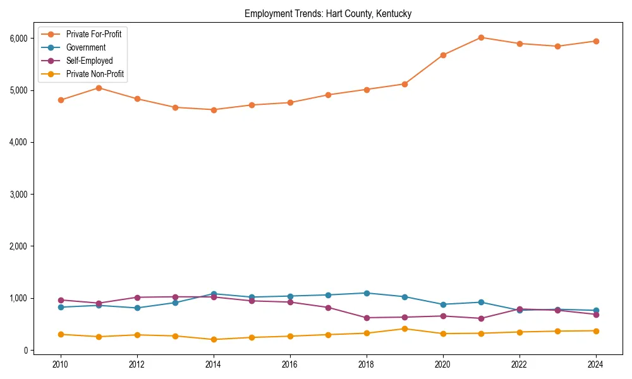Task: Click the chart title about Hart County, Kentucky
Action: tap(328, 14)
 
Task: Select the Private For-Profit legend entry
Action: tap(94, 34)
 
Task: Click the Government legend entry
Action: tap(85, 47)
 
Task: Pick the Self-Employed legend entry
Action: tap(89, 61)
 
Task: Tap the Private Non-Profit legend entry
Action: tap(95, 74)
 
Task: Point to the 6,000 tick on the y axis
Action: tap(19, 38)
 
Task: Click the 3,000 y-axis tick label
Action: tap(19, 194)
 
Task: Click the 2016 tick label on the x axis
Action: tap(290, 365)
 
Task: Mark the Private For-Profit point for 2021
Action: tap(481, 37)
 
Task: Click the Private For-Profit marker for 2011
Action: tap(99, 88)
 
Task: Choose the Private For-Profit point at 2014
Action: tap(214, 110)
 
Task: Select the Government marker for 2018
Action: tap(367, 293)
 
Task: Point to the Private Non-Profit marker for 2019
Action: tap(404, 328)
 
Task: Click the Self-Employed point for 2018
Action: tap(367, 318)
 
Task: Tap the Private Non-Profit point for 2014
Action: tap(214, 339)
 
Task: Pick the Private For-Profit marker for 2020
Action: tap(443, 55)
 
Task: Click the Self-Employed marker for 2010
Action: tap(61, 300)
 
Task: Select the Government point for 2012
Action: tap(137, 308)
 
